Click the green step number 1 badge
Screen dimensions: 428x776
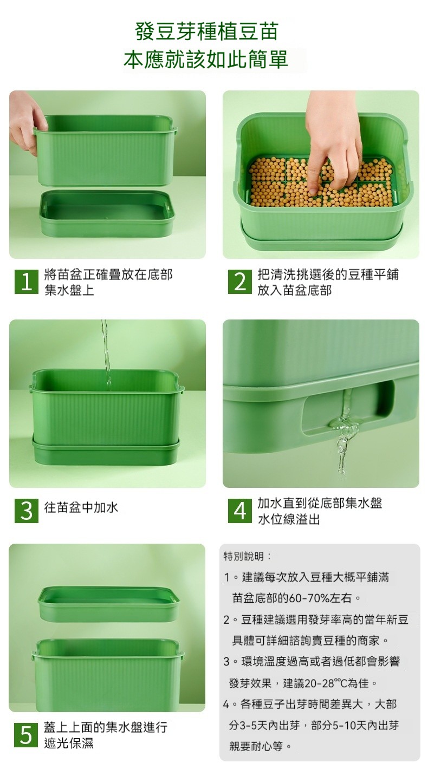27,282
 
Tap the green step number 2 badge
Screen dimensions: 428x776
239,282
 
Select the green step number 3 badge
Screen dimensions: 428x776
27,511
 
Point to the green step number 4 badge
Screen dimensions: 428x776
239,511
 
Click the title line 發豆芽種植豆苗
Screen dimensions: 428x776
206,31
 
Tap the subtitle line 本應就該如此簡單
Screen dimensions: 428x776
206,60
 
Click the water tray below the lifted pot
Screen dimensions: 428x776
107,213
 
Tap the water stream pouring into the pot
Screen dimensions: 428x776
106,354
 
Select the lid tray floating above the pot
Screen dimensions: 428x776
109,604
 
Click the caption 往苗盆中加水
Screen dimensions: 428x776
81,507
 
